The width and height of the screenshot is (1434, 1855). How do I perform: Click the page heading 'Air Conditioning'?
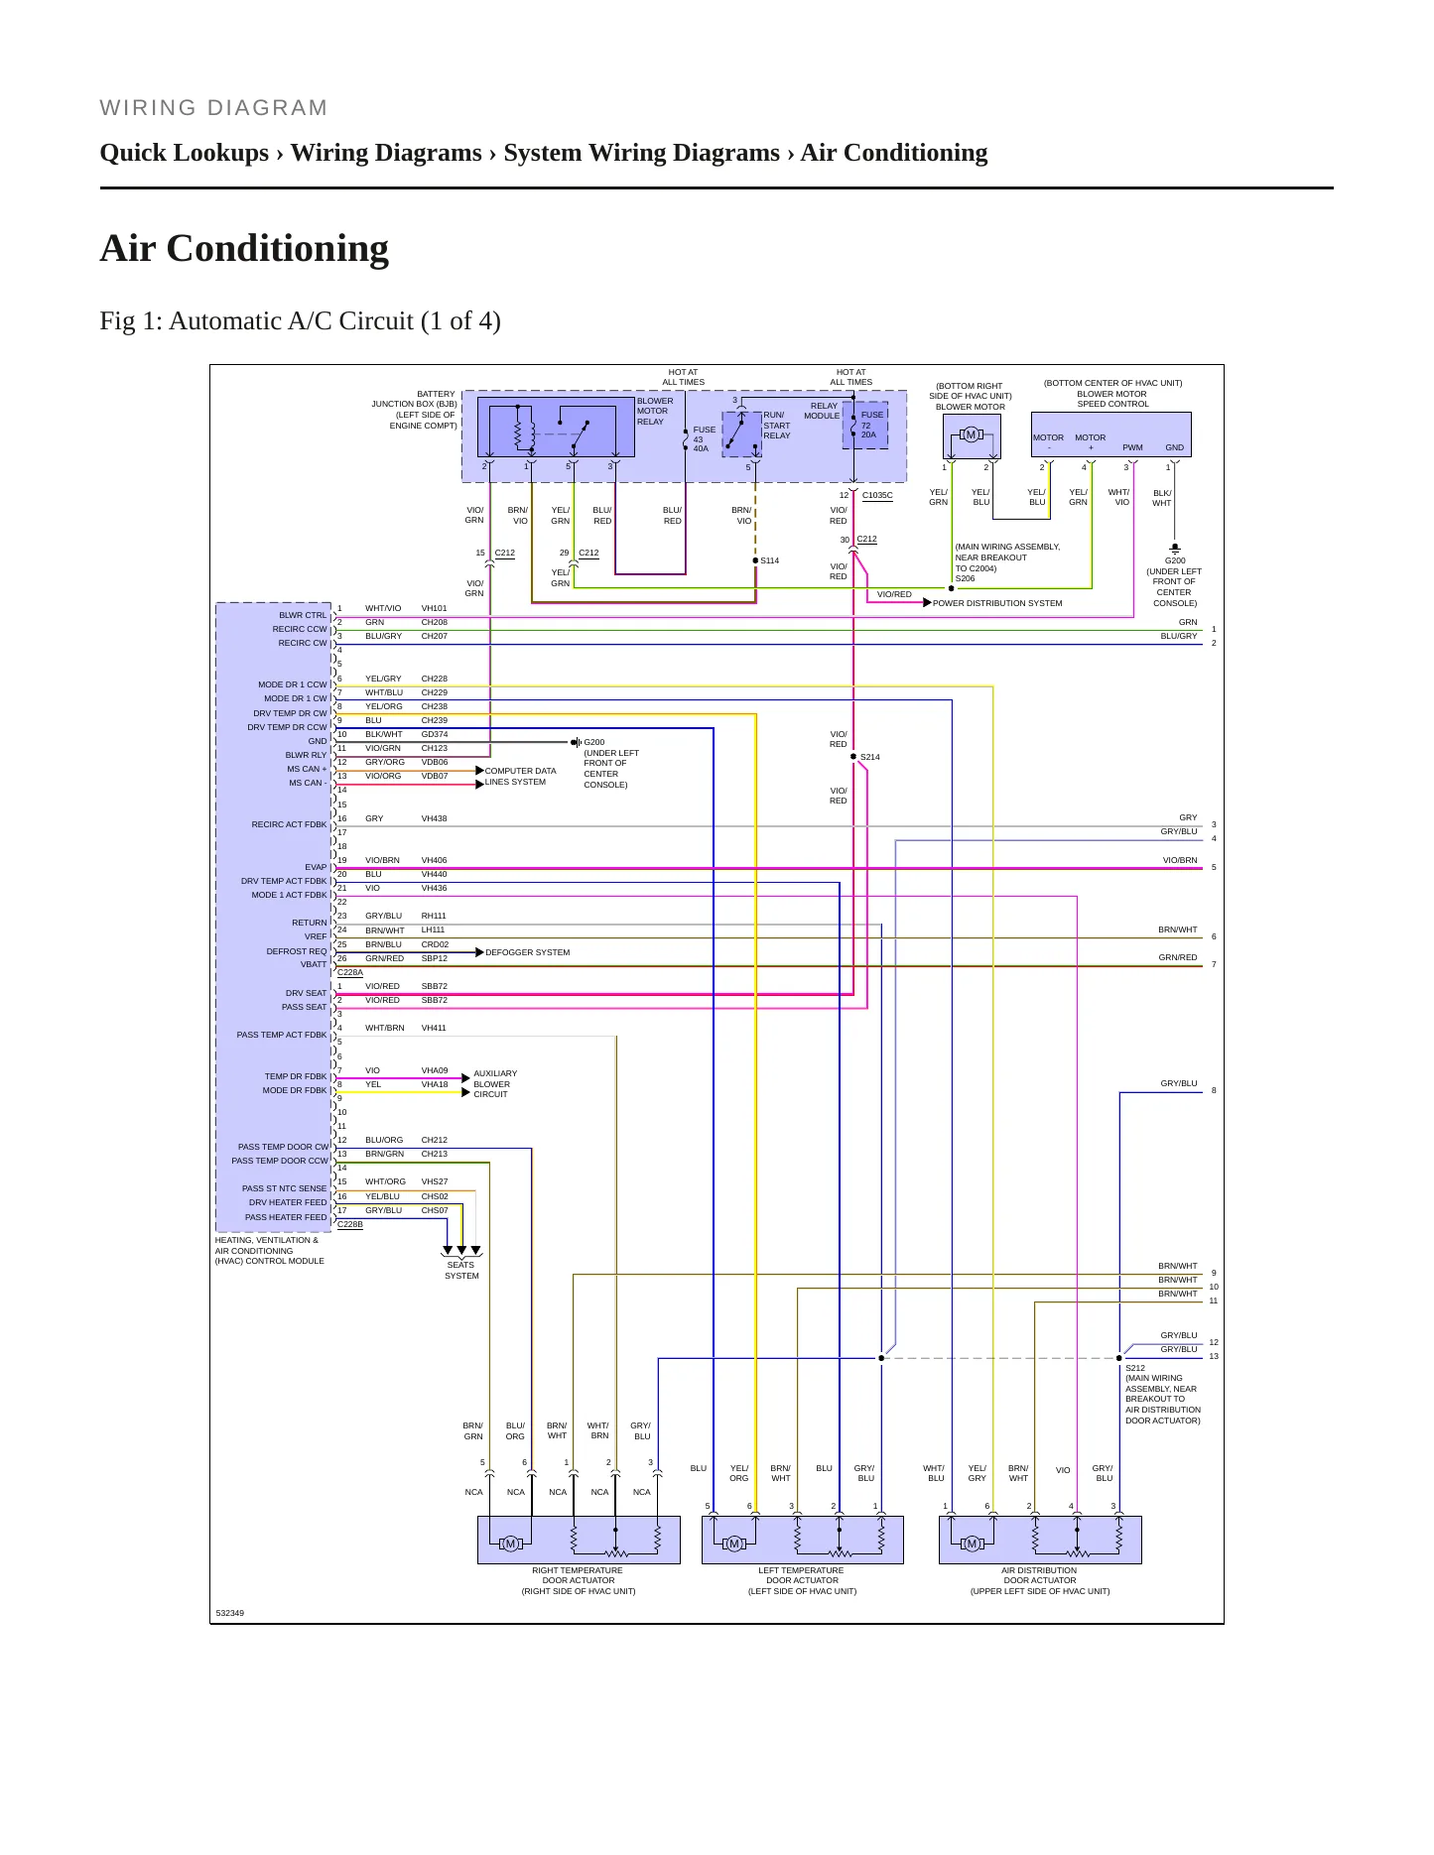coord(244,248)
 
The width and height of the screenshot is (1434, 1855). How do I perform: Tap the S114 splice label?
coord(770,560)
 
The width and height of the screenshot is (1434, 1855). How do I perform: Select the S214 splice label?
coord(869,757)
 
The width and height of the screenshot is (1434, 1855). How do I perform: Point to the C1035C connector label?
coord(877,495)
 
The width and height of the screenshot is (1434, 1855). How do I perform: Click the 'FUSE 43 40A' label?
coord(704,439)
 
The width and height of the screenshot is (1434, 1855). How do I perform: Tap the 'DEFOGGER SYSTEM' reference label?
coord(528,952)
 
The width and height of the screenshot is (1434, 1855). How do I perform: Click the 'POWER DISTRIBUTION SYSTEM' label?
coord(997,603)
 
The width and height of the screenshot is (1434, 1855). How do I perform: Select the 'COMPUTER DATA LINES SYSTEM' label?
coord(520,777)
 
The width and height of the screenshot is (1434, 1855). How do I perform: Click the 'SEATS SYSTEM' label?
coord(461,1270)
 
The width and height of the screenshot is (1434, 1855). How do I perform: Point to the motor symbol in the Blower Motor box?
coord(971,434)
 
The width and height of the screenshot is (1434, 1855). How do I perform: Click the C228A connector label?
coord(350,972)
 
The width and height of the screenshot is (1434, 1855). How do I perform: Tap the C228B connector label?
coord(350,1224)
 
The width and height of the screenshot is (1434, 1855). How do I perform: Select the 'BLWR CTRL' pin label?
coord(303,615)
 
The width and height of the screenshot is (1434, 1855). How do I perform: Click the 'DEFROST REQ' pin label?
coord(297,951)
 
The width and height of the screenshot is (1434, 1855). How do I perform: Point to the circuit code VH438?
coord(434,818)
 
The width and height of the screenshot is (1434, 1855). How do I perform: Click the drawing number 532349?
coord(230,1613)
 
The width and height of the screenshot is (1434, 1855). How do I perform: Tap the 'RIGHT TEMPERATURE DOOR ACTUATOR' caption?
coord(579,1580)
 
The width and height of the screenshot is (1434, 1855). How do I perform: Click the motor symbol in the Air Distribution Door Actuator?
coord(973,1544)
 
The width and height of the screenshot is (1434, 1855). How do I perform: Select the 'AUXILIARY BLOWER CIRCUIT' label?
coord(495,1083)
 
